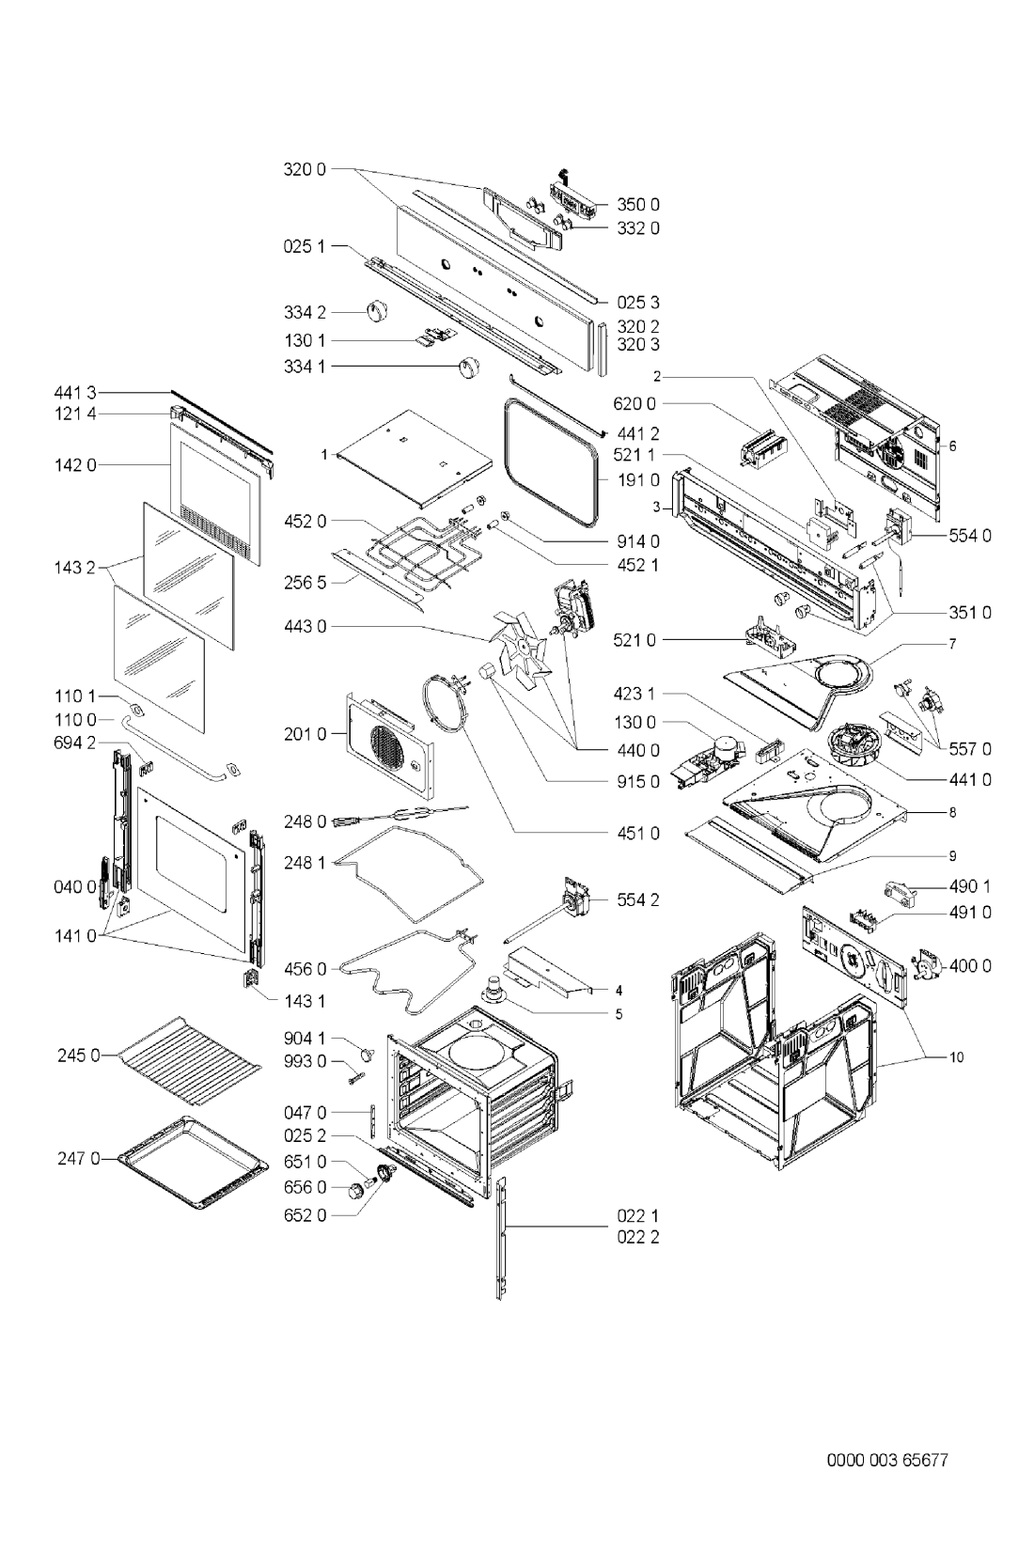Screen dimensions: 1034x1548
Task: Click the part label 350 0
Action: click(638, 205)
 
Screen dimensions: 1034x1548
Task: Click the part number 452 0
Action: click(305, 521)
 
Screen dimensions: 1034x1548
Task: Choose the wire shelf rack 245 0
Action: click(190, 1060)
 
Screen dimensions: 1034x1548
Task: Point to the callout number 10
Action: click(956, 1057)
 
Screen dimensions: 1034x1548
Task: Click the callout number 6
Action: click(952, 446)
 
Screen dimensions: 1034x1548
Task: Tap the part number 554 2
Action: click(638, 899)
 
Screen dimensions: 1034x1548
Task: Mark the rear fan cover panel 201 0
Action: click(390, 744)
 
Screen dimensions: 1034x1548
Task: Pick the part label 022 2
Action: click(638, 1237)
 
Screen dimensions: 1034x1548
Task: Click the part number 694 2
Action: click(75, 743)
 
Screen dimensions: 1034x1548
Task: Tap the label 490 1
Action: click(970, 887)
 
